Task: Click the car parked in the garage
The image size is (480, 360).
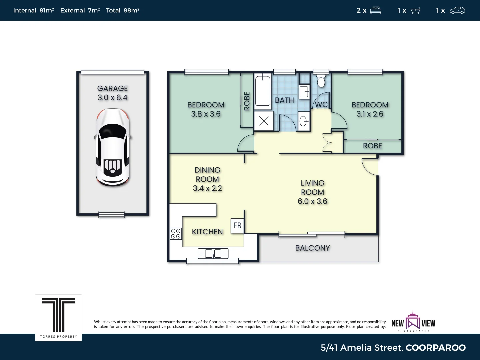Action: tap(113, 147)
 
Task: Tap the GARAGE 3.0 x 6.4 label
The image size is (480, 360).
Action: tap(113, 93)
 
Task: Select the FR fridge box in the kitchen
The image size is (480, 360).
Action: tap(237, 226)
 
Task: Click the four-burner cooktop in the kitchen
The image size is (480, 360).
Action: tap(176, 234)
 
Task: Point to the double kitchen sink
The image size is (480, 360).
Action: tap(213, 254)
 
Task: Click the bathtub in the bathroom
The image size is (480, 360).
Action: tap(263, 91)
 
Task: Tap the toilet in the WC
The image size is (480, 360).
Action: tap(321, 81)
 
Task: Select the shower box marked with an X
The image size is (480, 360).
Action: tap(264, 121)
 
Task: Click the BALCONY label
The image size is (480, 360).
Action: tap(312, 248)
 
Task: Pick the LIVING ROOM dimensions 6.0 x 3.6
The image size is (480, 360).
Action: tap(312, 201)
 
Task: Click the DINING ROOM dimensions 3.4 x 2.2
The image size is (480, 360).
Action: tap(207, 188)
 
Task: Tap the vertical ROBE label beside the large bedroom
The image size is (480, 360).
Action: tap(247, 101)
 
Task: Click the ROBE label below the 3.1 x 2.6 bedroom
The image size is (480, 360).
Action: tap(372, 146)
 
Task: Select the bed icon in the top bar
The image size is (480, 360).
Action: tap(376, 10)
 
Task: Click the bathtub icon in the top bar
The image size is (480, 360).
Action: tap(415, 10)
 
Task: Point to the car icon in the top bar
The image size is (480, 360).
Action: tap(457, 10)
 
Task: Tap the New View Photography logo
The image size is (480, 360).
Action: tap(413, 322)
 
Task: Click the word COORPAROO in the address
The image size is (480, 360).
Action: tap(435, 348)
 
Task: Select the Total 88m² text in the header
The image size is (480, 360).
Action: tap(122, 10)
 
